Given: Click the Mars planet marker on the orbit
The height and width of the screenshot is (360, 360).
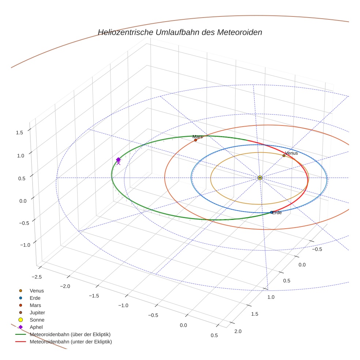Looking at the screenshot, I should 195,140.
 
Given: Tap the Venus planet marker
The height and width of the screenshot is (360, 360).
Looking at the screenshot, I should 284,155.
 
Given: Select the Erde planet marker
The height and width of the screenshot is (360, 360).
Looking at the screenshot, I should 271,212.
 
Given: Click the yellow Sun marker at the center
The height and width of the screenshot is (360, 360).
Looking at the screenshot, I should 260,178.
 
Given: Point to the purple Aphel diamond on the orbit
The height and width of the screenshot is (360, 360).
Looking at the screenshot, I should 118,160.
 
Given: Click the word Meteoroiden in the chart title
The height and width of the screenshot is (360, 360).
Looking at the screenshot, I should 240,32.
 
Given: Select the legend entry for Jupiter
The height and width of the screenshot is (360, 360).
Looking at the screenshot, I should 37,312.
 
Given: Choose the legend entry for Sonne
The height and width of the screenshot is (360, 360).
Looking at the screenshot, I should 37,320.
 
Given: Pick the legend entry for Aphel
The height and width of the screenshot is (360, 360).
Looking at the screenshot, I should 36,327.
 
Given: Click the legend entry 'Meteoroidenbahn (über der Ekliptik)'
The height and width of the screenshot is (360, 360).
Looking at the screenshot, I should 70,334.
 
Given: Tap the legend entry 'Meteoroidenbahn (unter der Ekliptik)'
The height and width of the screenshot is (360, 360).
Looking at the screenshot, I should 71,342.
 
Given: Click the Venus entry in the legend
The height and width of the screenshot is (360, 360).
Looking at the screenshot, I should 37,290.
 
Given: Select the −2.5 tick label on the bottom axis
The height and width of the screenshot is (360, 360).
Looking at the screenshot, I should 36,277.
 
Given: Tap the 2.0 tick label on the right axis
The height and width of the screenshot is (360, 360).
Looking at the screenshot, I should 237,331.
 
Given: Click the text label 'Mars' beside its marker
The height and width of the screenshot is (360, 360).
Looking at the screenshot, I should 198,136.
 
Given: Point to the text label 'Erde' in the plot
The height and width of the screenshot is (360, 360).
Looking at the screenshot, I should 277,213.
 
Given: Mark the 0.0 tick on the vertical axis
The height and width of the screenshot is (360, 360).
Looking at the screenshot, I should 22,201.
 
